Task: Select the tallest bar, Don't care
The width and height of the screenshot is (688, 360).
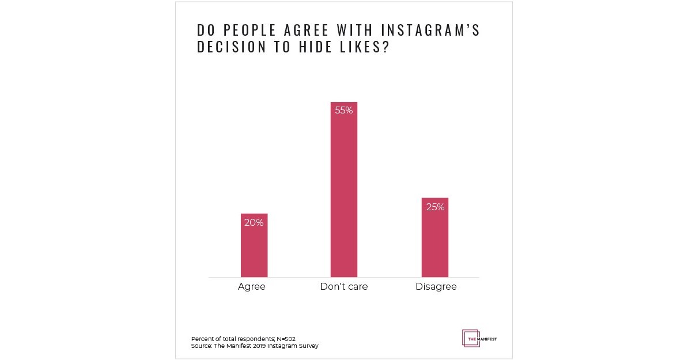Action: tap(343, 190)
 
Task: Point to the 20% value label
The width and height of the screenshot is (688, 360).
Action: tap(254, 222)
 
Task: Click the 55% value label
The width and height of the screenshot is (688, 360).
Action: tap(343, 110)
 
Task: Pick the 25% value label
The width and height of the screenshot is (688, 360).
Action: tap(435, 207)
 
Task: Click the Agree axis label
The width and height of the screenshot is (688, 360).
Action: tap(252, 286)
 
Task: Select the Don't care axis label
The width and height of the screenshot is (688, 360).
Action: tap(343, 286)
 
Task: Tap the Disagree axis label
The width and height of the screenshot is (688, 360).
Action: tap(436, 286)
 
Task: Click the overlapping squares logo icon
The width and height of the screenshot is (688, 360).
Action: tap(470, 338)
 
